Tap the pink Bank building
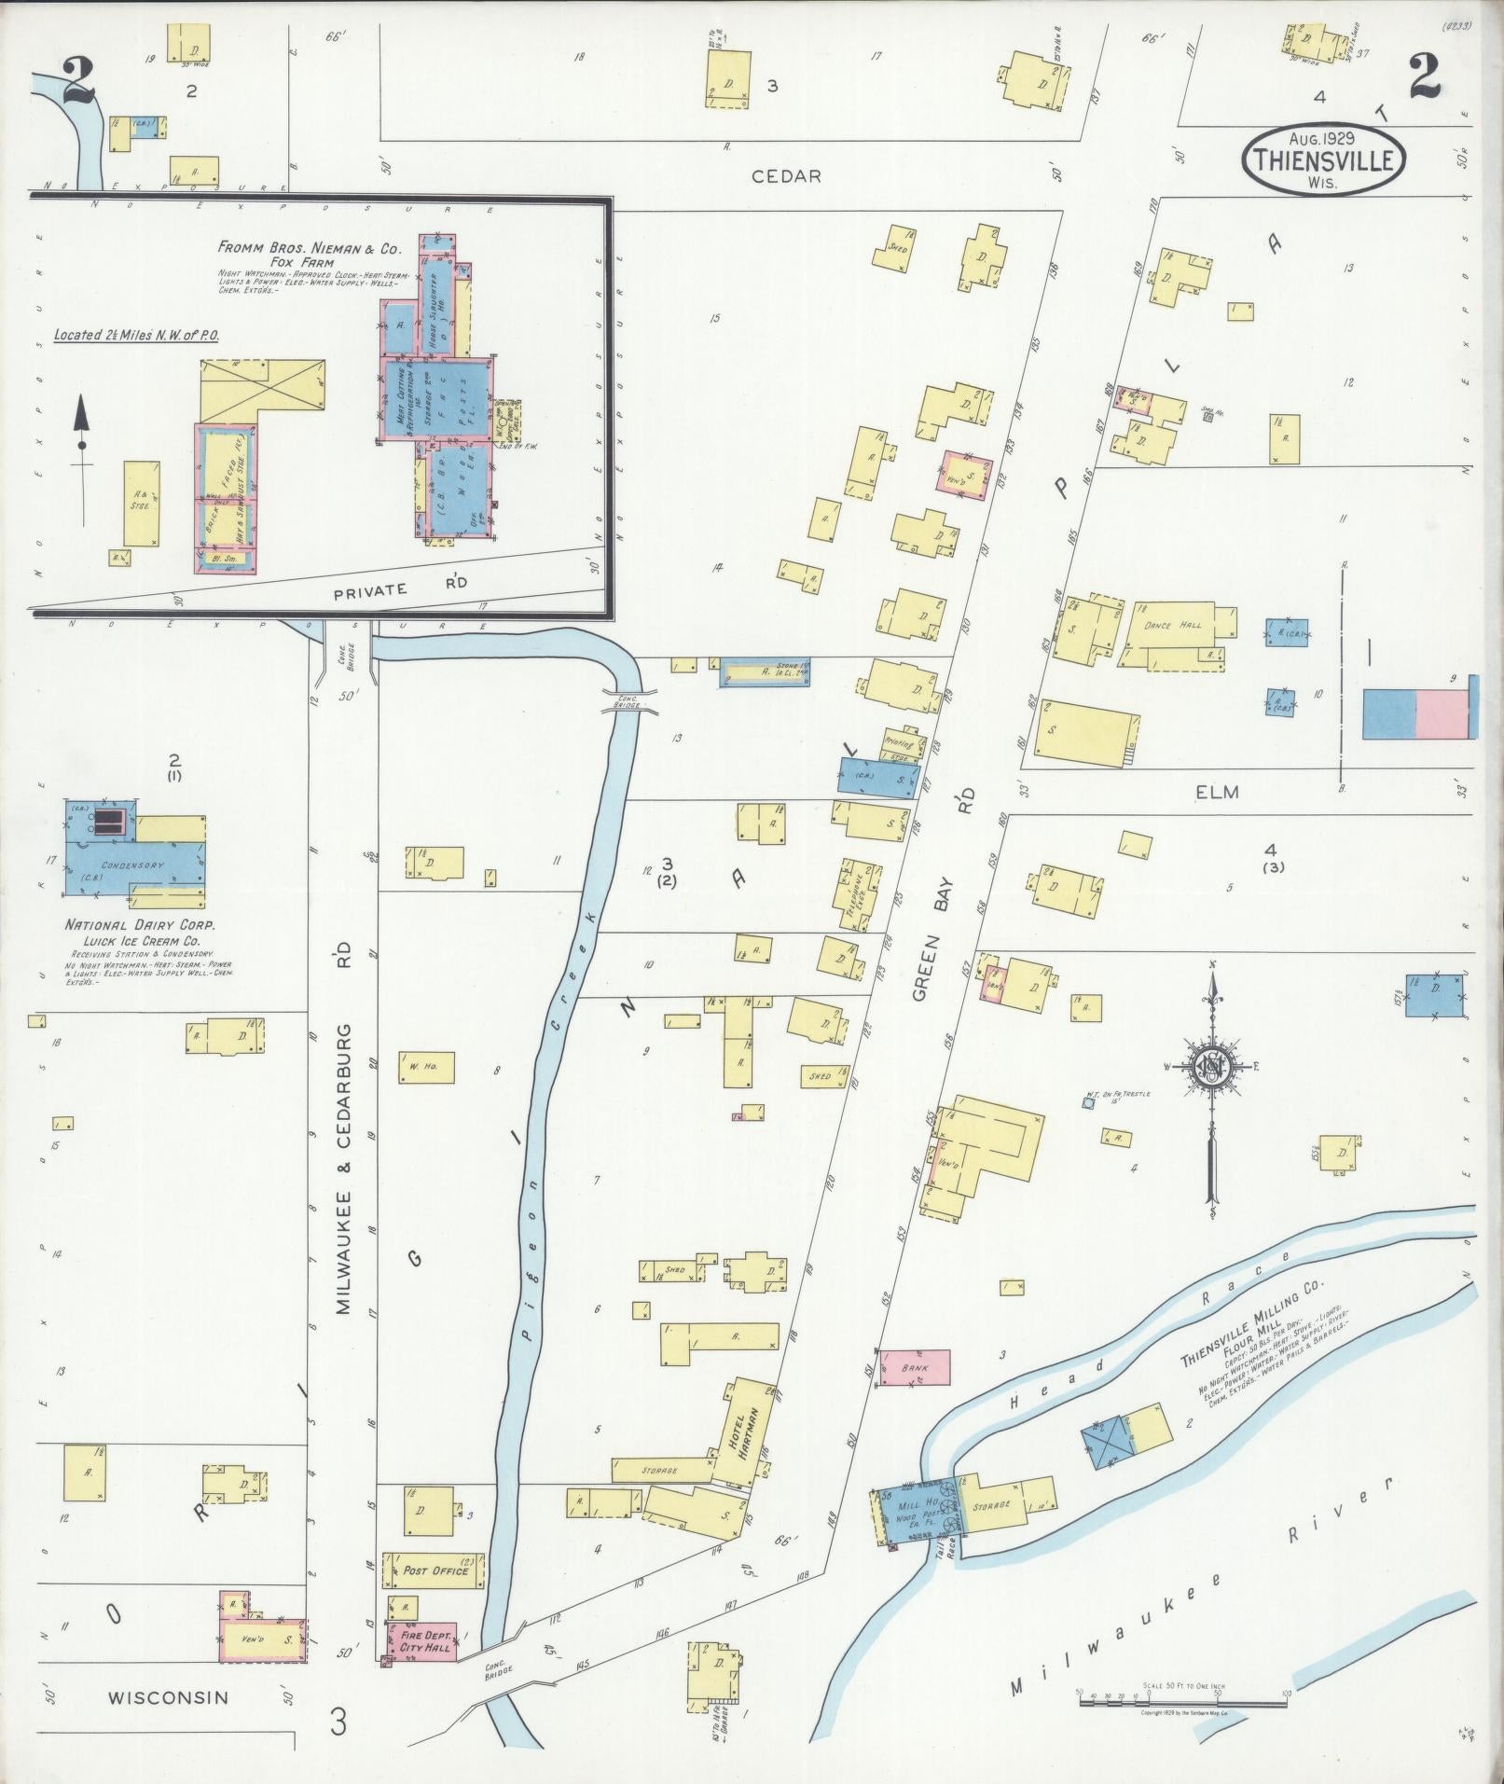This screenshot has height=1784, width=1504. coord(916,1368)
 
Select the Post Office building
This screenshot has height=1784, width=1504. coord(435,1571)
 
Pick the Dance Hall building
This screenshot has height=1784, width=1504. coord(1173,626)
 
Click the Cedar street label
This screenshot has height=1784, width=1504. coord(789,176)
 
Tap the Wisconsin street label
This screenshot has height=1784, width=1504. coord(168,1696)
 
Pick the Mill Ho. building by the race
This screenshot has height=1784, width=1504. coord(918,1517)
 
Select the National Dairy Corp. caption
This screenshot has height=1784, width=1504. coord(140,925)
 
